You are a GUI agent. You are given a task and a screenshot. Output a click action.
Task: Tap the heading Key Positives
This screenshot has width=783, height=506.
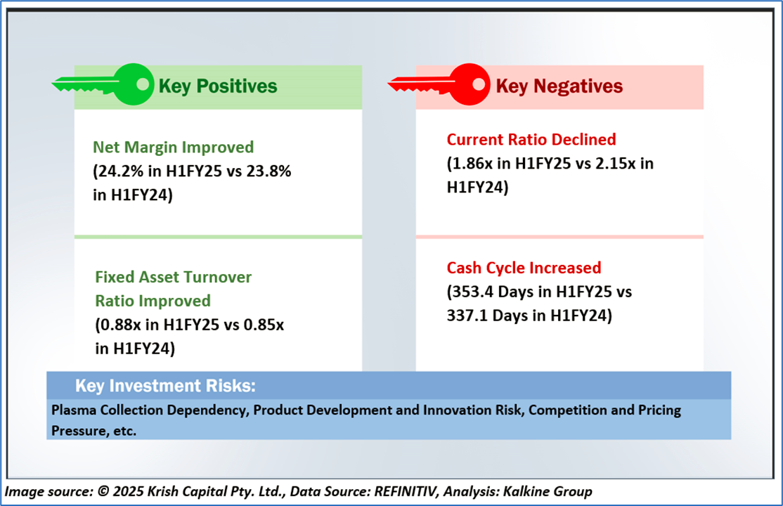(218, 86)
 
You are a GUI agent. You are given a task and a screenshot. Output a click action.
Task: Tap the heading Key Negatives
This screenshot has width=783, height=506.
(559, 86)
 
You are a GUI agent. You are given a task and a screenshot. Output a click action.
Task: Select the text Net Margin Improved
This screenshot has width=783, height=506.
(173, 148)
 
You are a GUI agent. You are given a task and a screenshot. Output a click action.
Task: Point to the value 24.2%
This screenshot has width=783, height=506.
(120, 171)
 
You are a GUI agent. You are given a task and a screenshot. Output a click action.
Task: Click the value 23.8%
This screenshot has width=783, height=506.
(266, 171)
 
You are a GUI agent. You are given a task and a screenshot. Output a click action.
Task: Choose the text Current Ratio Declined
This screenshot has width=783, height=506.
(531, 139)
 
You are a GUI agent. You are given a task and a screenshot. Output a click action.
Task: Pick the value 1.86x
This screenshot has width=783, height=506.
(472, 163)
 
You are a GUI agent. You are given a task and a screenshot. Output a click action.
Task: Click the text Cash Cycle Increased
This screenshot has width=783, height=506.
(524, 268)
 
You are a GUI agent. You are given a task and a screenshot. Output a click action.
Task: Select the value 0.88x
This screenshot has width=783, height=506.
(119, 325)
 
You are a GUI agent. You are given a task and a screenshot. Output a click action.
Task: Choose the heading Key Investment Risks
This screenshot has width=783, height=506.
(165, 386)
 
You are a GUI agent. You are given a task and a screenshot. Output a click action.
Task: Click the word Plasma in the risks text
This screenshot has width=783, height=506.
(72, 410)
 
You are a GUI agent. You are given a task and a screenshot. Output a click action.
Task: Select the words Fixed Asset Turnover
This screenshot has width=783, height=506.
(173, 277)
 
